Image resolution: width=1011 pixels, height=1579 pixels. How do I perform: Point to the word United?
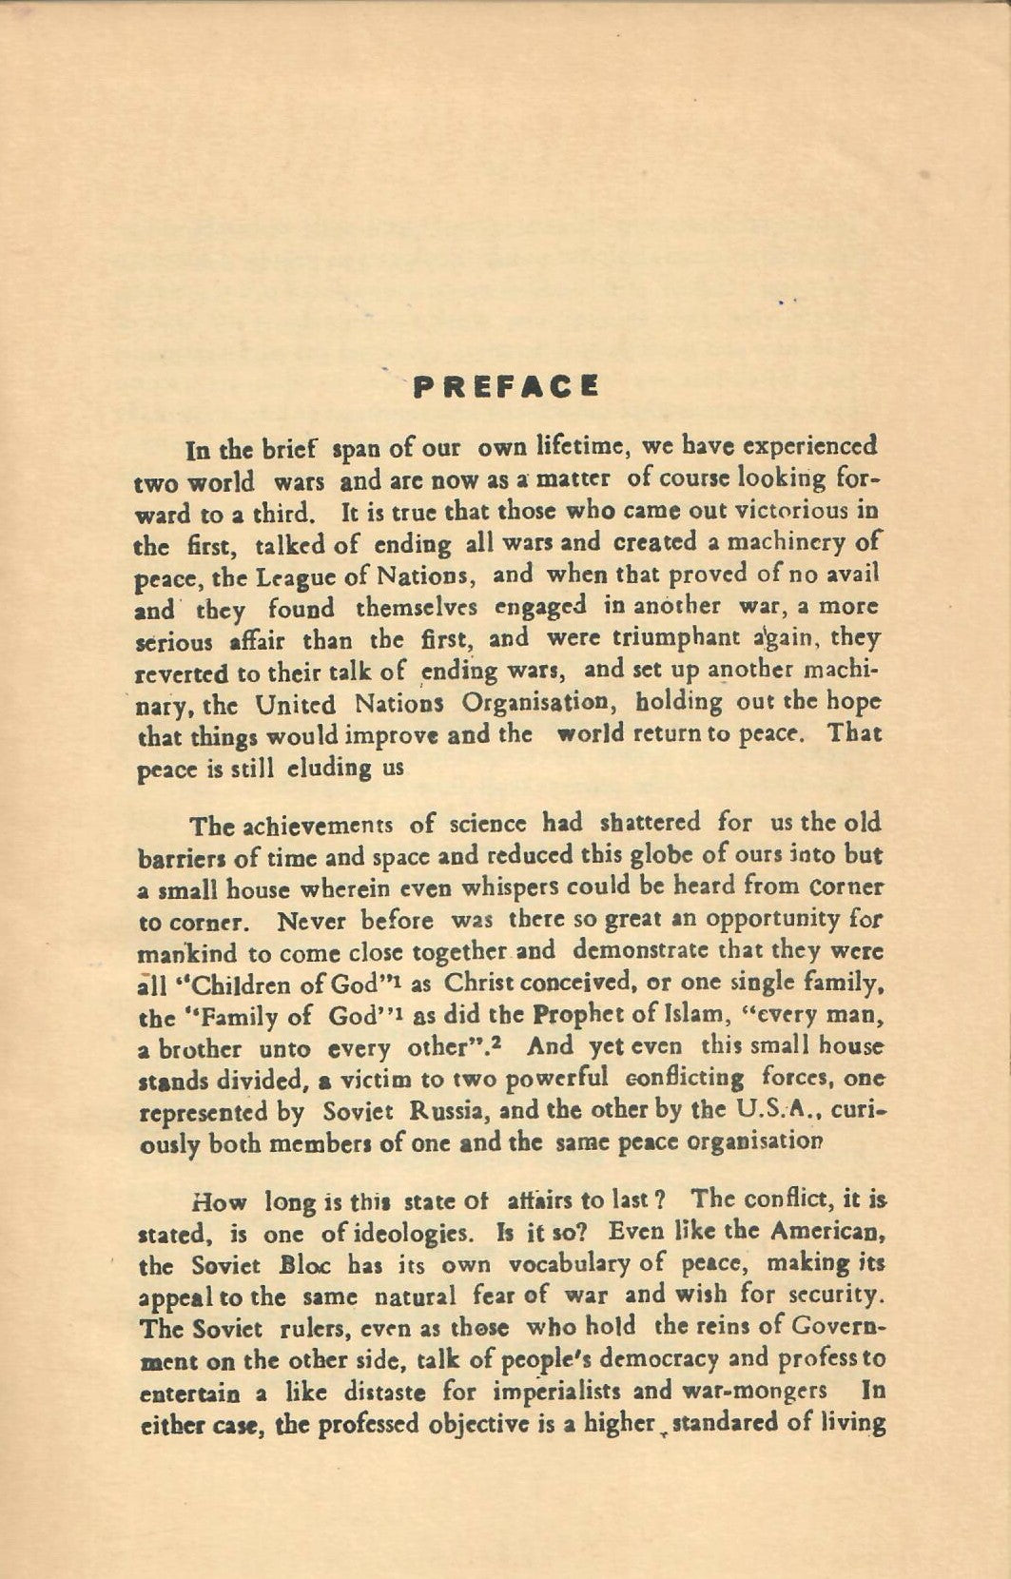pos(295,705)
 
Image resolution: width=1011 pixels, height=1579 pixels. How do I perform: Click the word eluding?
pos(330,769)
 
